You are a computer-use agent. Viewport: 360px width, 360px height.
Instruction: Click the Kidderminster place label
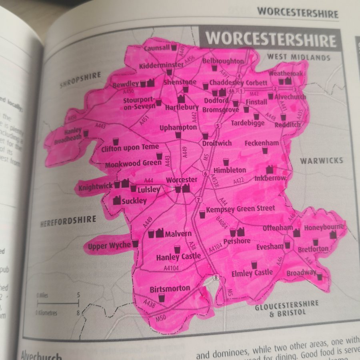(161, 66)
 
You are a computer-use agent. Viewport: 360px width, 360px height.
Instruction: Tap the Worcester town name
(182, 180)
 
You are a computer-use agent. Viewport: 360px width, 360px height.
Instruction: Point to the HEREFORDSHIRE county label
(68, 221)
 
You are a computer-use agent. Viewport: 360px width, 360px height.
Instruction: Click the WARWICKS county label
(322, 161)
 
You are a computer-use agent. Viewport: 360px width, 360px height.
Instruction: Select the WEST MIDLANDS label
(298, 57)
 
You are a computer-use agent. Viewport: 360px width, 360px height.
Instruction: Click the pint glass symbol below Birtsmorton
(162, 298)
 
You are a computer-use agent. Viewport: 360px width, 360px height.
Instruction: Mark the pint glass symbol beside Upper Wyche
(135, 243)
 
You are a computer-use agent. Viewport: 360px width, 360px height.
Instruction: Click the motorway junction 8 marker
(216, 277)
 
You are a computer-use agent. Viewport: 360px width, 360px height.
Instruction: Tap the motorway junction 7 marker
(198, 200)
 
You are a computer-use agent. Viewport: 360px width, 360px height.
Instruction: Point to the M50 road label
(160, 318)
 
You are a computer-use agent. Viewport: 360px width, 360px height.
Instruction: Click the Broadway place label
(301, 273)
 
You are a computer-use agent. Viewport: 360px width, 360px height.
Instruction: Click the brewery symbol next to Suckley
(117, 200)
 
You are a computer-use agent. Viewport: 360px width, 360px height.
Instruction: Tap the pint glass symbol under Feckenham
(265, 150)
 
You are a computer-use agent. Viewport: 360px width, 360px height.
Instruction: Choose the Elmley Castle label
(252, 274)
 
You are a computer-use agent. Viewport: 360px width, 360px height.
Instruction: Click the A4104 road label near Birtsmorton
(172, 268)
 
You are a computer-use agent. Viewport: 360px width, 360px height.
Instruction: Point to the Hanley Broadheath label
(73, 134)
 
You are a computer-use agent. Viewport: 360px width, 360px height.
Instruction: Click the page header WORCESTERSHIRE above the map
(298, 12)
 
